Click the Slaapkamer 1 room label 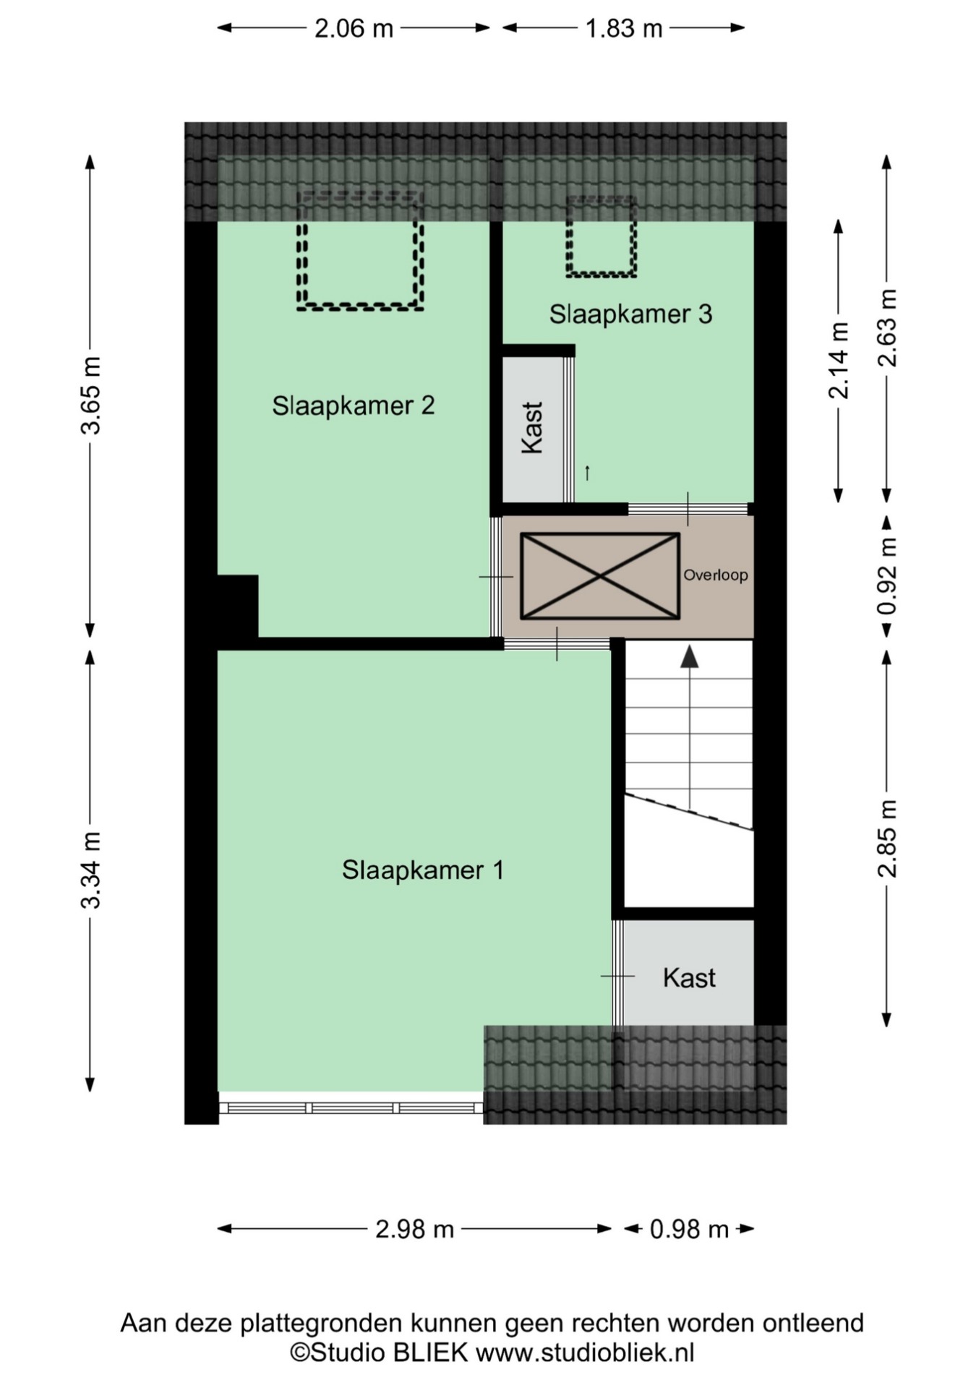423,870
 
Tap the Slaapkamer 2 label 354,406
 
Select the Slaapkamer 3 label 630,314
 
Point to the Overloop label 716,575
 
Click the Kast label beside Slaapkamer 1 689,978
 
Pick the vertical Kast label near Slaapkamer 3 532,428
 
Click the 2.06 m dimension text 354,28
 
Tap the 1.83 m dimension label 624,28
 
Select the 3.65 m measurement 91,395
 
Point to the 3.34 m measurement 91,870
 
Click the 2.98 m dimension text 414,1229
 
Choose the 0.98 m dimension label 689,1229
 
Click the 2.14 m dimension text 839,360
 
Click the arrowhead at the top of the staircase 690,656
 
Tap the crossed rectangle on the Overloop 600,576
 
